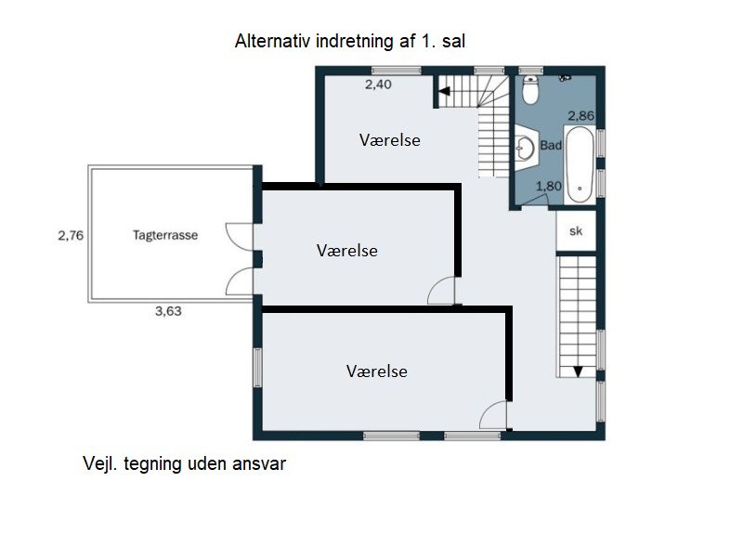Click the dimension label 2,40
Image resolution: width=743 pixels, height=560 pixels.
coord(378,85)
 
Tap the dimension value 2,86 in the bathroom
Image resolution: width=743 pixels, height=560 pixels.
coord(580,116)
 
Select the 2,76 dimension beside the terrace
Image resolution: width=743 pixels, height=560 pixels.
coord(71,236)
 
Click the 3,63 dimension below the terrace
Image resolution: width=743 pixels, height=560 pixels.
coord(167,312)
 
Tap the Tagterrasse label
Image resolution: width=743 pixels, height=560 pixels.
coord(164,236)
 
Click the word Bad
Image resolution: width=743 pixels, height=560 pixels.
coord(551,146)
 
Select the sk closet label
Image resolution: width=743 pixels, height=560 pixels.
coord(576,231)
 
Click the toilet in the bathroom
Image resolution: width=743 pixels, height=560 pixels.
coord(530,91)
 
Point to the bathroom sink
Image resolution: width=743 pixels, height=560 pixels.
coord(525,146)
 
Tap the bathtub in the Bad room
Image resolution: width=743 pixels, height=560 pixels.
coord(580,165)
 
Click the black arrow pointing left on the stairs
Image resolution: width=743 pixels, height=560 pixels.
coord(443,92)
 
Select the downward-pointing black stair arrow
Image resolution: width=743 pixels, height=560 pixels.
coord(578,371)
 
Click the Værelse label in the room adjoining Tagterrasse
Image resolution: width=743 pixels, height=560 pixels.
coord(346,251)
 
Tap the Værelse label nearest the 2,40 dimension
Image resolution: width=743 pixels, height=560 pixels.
coord(390,140)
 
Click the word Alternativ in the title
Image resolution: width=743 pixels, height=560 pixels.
coord(268,41)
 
